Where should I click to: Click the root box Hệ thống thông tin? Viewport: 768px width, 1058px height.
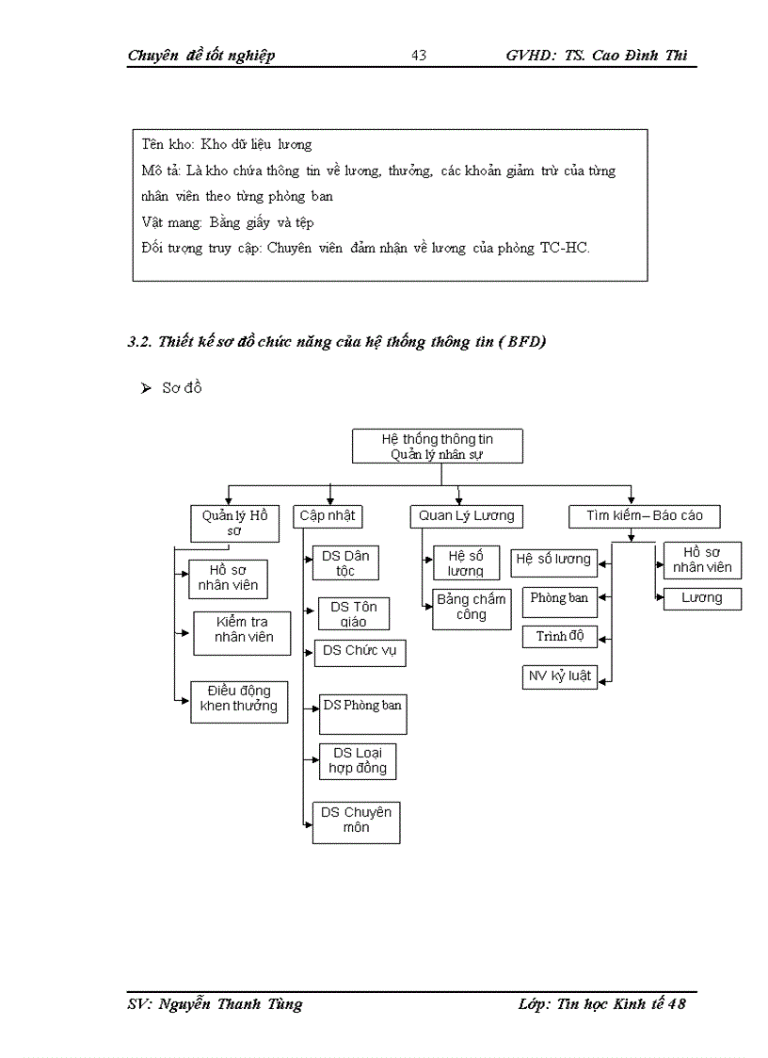437,447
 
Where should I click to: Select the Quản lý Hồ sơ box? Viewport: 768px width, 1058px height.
234,523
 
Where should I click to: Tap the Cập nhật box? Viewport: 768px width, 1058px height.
328,516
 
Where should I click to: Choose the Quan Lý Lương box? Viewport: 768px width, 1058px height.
467,516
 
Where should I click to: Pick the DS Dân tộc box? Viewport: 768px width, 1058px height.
344,563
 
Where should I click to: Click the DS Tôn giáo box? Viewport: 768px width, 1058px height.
353,614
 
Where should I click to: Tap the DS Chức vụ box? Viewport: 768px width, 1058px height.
360,652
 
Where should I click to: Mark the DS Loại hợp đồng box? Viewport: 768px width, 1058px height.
358,761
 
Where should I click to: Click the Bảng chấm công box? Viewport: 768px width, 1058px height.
472,608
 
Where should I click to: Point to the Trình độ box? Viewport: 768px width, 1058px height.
560,637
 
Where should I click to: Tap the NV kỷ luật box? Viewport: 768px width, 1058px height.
560,676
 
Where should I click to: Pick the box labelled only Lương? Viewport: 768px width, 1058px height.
702,598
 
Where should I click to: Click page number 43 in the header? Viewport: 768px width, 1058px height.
419,56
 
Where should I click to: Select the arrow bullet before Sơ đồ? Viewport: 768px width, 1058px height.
146,389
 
